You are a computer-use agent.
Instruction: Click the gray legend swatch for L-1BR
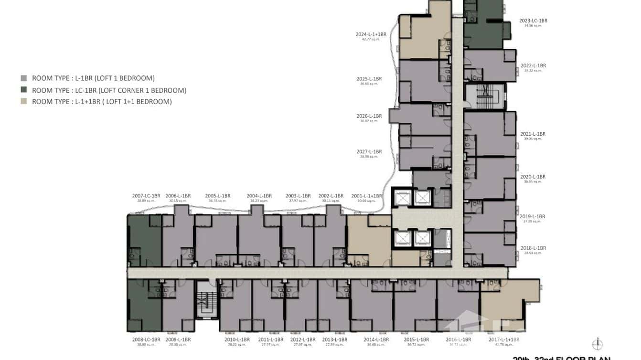point(24,78)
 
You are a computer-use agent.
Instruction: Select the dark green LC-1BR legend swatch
point(24,90)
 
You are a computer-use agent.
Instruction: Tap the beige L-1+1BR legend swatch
point(24,102)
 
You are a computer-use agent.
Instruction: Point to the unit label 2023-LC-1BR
point(533,21)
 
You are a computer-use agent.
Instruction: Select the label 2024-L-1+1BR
point(371,34)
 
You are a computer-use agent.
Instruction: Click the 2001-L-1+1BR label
point(367,196)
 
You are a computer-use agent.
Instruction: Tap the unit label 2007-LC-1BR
point(146,196)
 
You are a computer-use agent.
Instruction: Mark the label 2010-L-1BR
point(237,339)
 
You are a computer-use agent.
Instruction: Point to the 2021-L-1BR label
point(533,134)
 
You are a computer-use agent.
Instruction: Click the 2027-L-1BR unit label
point(369,151)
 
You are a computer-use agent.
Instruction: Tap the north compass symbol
point(597,344)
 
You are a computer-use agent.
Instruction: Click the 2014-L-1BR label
point(376,339)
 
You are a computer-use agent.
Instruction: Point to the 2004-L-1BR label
point(259,196)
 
